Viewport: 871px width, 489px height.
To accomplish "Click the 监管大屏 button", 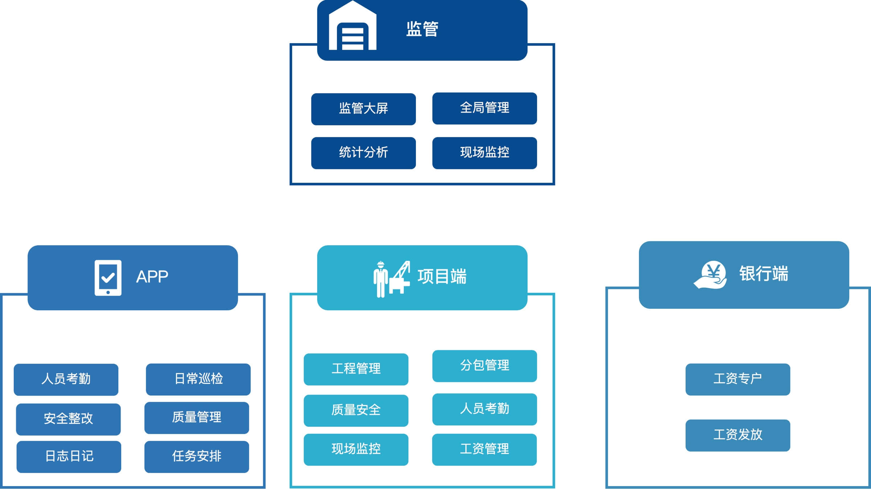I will tap(363, 109).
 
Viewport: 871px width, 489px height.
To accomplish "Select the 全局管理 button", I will tap(484, 108).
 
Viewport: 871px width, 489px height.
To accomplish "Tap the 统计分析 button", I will tap(363, 153).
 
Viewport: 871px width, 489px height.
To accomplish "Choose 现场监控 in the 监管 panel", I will tap(484, 153).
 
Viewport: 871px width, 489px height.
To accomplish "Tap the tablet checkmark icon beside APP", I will tap(108, 278).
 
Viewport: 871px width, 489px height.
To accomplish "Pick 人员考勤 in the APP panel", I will tap(66, 379).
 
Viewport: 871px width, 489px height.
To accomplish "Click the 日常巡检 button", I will tap(198, 379).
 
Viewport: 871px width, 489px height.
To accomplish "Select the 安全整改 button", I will tap(68, 419).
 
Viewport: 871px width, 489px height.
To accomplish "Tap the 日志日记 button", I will tap(69, 457).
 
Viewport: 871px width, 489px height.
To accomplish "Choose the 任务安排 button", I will tap(197, 457).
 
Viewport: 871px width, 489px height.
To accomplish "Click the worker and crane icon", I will tap(392, 279).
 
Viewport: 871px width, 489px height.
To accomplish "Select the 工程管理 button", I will tap(356, 369).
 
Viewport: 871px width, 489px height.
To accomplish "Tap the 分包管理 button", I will tap(484, 366).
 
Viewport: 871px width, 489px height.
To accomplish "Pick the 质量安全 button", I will tap(356, 411).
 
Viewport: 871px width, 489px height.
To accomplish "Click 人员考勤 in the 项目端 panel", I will tap(484, 409).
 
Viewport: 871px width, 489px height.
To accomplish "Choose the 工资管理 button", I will tap(484, 449).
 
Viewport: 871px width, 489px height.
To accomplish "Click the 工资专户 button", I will tap(737, 379).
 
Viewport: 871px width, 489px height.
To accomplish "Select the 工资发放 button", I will tap(737, 435).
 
